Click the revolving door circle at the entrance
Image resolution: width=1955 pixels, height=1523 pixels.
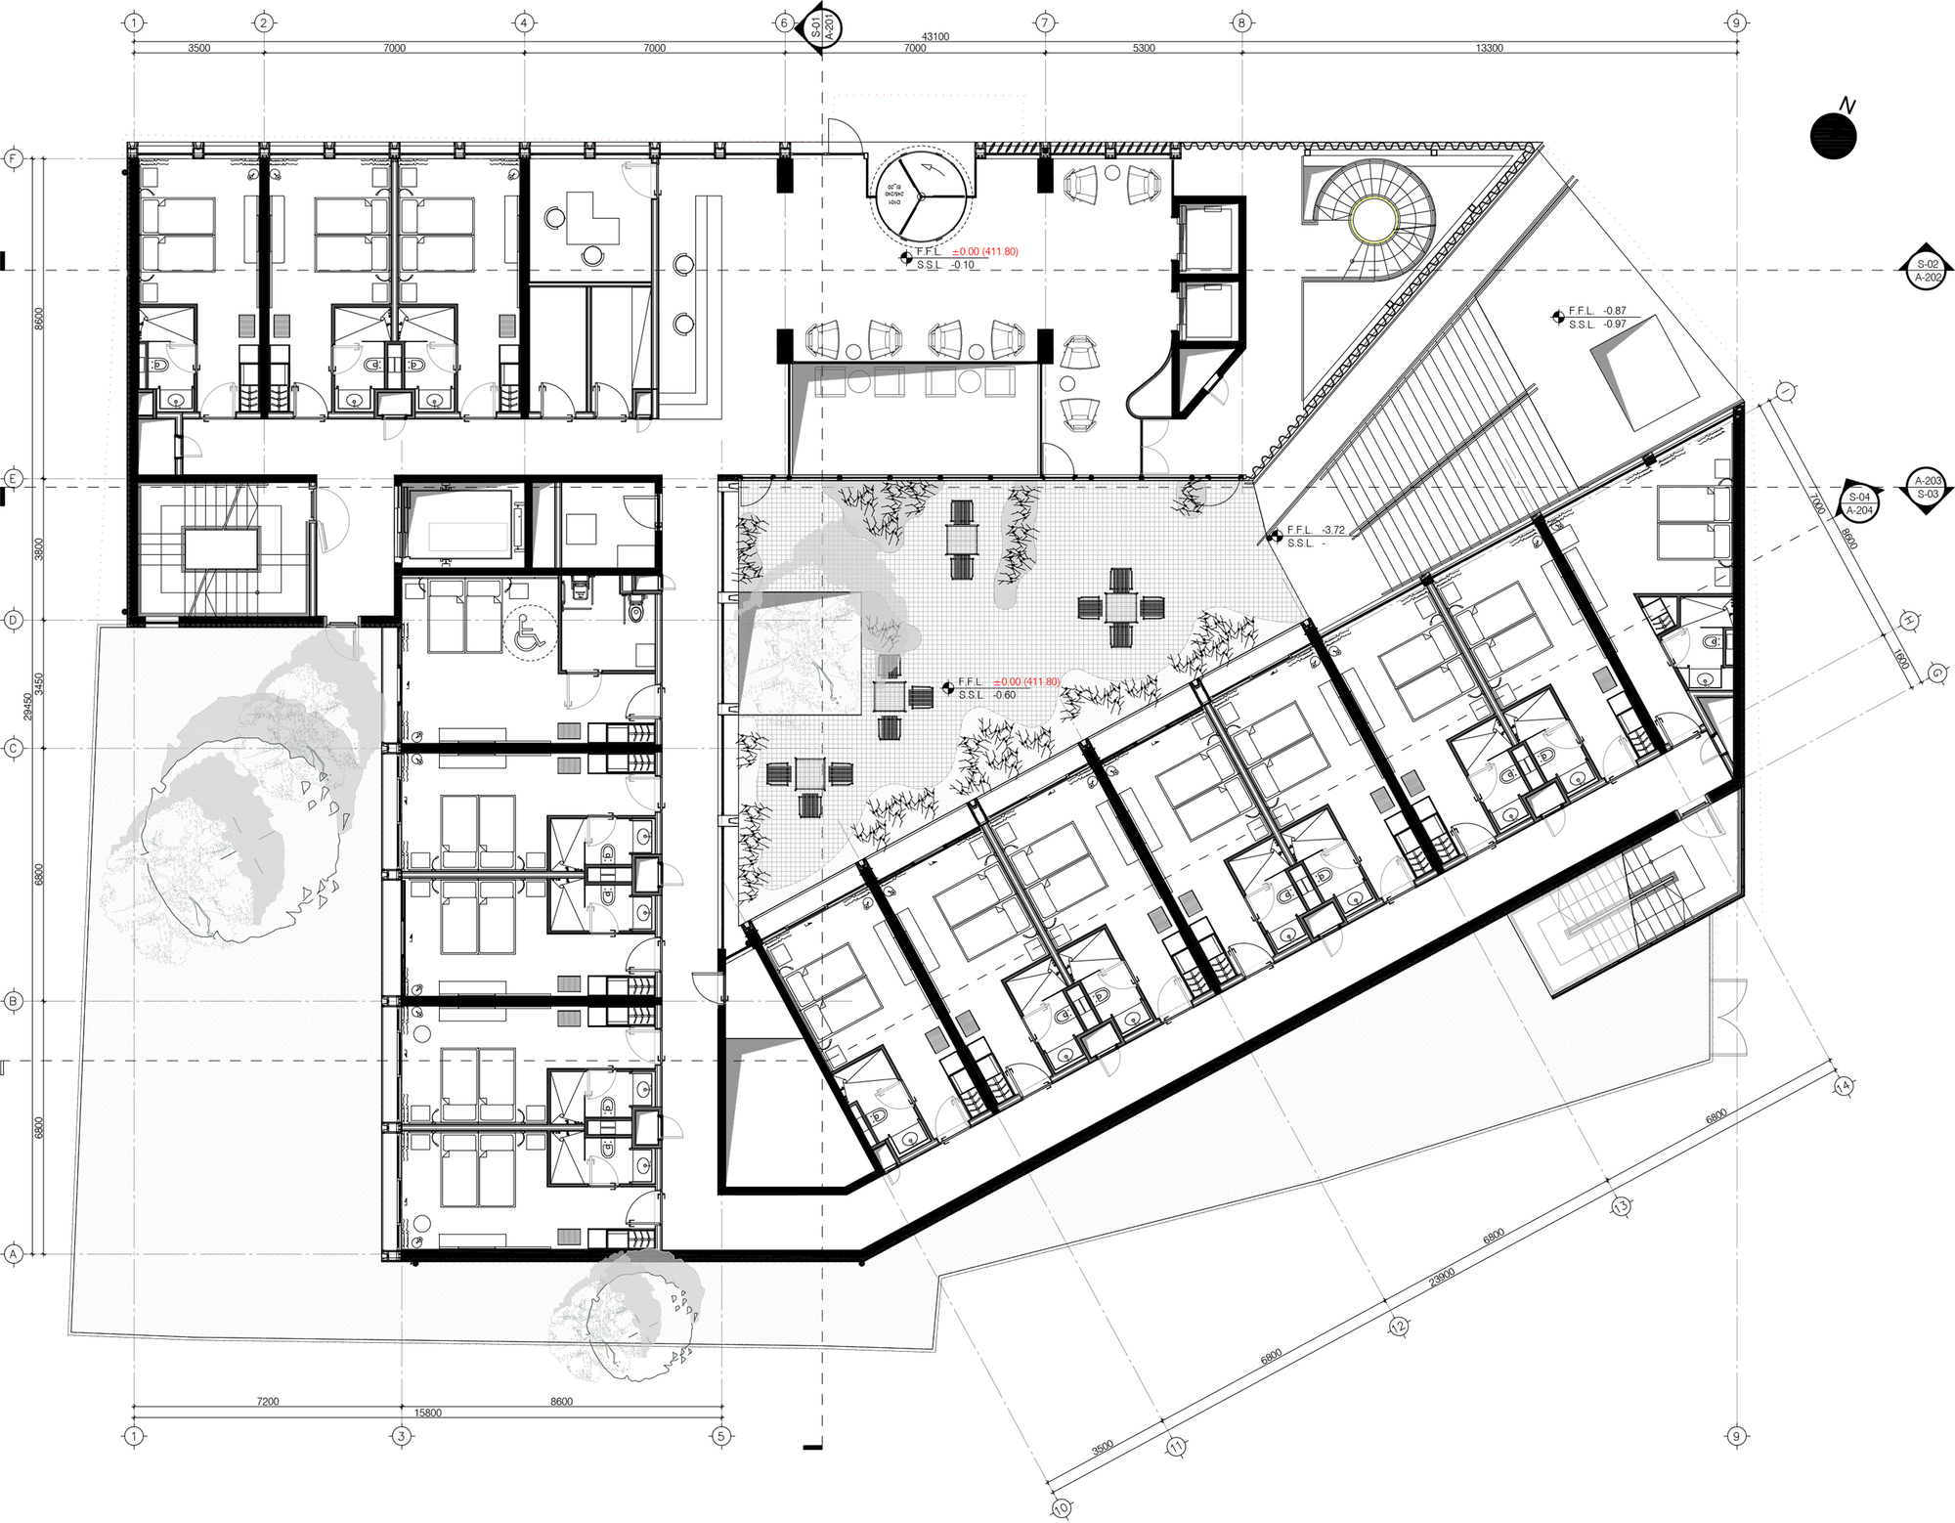point(920,196)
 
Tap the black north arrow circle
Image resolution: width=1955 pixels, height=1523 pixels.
point(1833,136)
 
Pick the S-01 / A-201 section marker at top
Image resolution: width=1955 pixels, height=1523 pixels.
point(821,26)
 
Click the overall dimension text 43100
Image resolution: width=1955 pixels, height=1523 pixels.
point(934,36)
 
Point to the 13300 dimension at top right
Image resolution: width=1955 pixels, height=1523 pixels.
point(1489,48)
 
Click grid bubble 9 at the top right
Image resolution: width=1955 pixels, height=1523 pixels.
point(1736,22)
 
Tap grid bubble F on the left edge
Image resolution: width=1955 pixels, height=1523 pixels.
point(14,158)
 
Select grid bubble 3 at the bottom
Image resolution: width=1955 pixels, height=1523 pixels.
point(401,1436)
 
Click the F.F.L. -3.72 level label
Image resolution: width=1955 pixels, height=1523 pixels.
point(1316,530)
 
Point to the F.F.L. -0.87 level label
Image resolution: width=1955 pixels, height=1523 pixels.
point(1597,311)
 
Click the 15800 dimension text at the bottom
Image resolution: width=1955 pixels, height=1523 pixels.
point(427,1413)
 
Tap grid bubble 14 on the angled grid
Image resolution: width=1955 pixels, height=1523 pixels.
point(1844,1086)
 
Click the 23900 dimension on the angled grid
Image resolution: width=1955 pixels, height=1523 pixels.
point(1442,1277)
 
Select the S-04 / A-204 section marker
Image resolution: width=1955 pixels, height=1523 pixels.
point(1859,503)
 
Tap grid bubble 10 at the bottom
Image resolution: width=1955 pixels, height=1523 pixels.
point(1062,1508)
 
